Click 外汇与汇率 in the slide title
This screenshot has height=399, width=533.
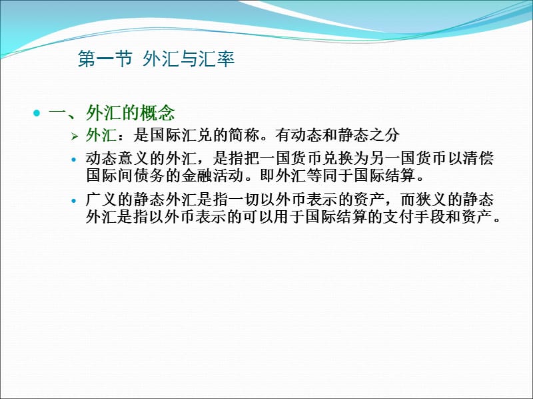tap(189, 61)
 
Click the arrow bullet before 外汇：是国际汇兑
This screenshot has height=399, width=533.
tap(75, 136)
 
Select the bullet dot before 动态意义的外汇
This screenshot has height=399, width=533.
tap(74, 160)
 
